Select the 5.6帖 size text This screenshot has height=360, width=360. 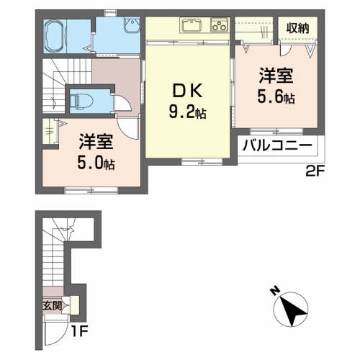coord(276,97)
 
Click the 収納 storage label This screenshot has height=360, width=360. coord(298,28)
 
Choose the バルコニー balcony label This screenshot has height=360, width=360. coord(276,145)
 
